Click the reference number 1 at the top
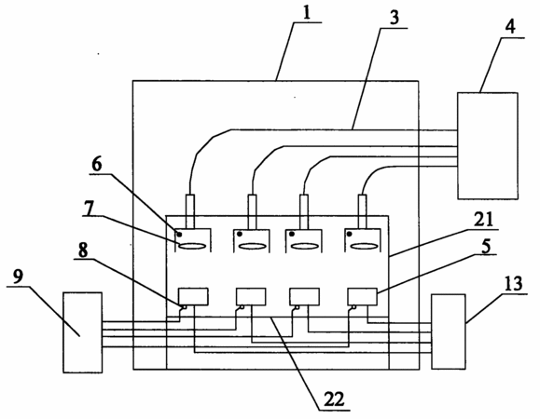307,13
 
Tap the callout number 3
394,18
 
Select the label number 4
510,26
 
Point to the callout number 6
97,165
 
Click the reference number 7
89,209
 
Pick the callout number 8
83,250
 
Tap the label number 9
19,277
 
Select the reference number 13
513,284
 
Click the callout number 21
483,219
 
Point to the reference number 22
334,399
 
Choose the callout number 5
486,246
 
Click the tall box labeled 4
488,146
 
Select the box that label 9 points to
83,332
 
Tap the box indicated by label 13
449,331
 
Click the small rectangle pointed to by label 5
362,297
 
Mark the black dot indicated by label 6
179,235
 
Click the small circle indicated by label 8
186,307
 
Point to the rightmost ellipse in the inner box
365,246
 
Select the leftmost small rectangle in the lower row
193,297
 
